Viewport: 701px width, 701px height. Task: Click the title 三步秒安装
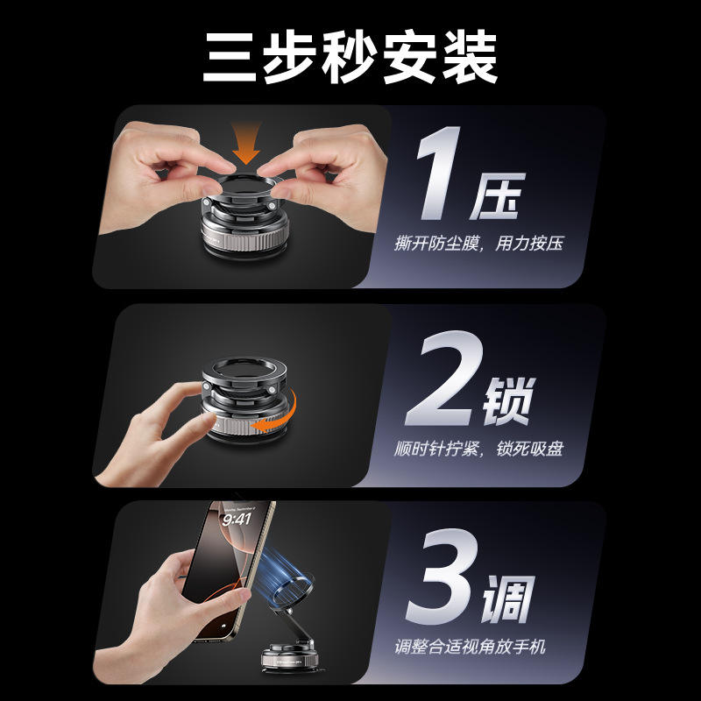coord(350,57)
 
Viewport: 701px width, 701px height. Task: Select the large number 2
coord(443,379)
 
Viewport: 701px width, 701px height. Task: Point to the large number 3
coord(442,577)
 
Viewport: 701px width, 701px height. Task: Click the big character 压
coord(497,195)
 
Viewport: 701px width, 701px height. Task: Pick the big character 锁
coord(509,400)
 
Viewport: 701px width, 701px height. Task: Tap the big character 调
coord(508,599)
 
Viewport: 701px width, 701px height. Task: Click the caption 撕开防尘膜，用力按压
coord(478,244)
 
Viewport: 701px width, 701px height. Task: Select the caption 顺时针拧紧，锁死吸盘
coord(478,449)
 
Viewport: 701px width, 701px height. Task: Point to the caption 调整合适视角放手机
coord(471,647)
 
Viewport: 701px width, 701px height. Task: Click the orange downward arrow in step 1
coord(246,142)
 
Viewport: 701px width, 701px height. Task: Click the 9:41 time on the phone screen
coord(237,520)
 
